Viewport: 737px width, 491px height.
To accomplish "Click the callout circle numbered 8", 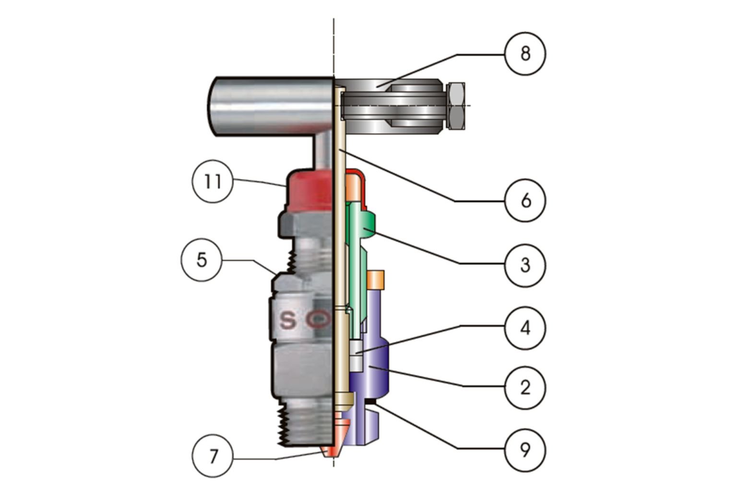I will click(525, 53).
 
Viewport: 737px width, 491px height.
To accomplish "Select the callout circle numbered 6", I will click(525, 200).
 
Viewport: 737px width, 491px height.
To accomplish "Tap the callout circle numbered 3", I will click(525, 264).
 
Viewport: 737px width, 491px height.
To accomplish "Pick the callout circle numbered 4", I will click(525, 328).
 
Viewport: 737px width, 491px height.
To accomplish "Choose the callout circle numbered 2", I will click(525, 387).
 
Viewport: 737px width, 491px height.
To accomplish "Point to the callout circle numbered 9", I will click(525, 450).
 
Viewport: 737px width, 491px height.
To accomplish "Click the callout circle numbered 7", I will click(213, 456).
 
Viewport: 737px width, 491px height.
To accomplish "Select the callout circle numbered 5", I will click(202, 260).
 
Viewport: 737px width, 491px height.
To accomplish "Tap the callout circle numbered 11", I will click(213, 182).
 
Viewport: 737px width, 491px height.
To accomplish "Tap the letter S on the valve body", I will click(288, 320).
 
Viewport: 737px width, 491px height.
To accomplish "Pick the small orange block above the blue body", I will click(376, 280).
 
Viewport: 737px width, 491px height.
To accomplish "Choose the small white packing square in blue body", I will click(356, 355).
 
